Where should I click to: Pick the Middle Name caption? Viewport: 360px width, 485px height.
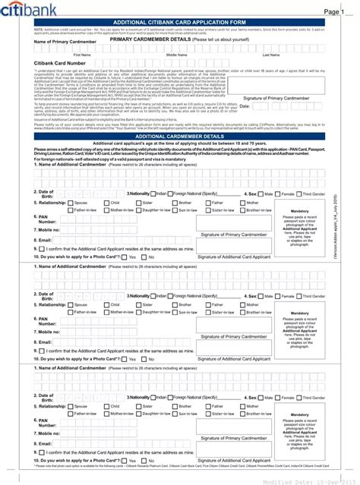(177, 55)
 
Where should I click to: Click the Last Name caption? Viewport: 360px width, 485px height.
(270, 55)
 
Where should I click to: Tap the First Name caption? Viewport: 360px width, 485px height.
(82, 55)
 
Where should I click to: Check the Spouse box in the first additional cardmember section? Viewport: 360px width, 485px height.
(71, 203)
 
